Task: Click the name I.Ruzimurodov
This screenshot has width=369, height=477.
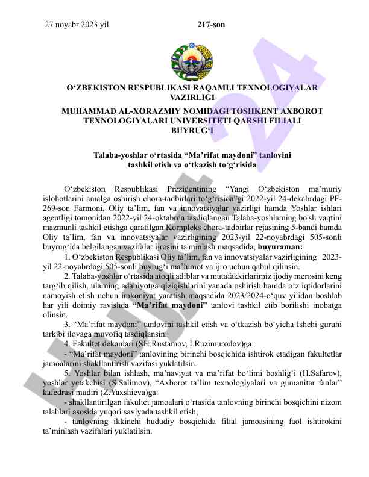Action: point(208,343)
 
